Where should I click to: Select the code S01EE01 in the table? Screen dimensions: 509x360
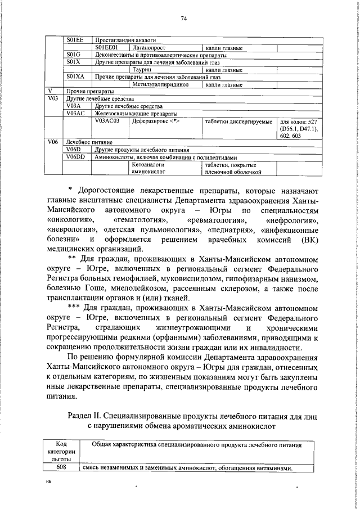coord(106,48)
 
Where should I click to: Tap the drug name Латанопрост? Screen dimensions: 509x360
coord(148,48)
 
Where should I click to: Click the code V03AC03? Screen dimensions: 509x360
coord(107,121)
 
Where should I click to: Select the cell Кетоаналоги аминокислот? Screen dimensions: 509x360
coord(148,169)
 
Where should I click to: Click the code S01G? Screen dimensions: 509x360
coord(74,55)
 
